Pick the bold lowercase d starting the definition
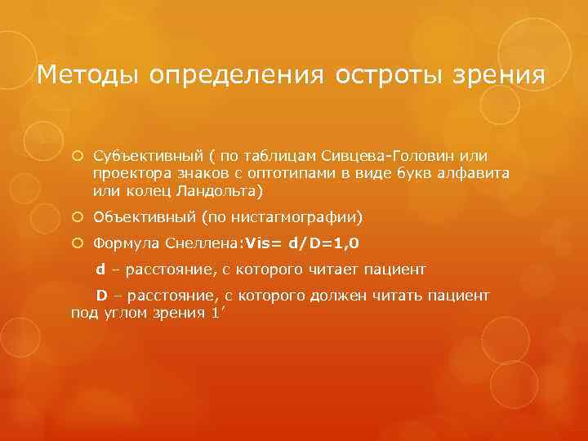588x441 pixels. [x=100, y=269]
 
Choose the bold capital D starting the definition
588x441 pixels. [x=101, y=294]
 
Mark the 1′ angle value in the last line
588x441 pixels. [x=216, y=311]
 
